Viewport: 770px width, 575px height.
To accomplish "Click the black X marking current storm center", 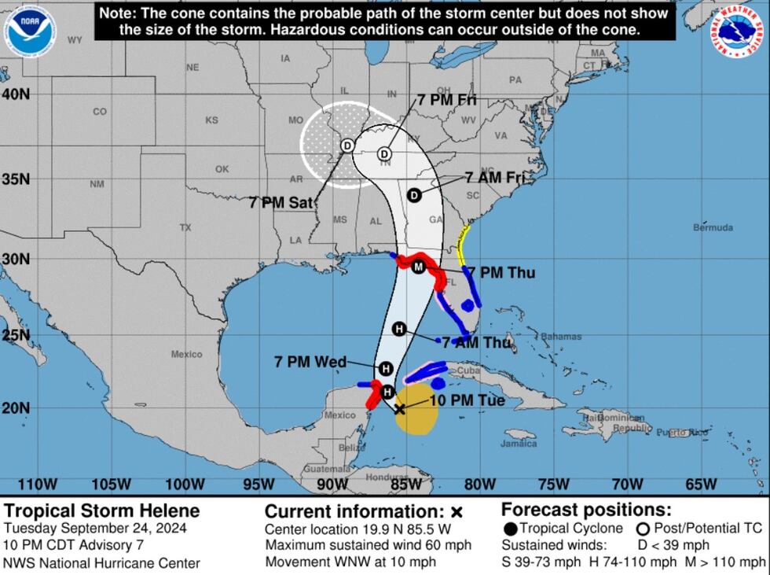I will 400,409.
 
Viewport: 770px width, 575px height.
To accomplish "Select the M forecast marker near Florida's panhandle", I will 419,267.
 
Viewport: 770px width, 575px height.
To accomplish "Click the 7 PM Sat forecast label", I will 280,202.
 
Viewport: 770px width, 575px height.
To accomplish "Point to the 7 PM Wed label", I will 310,362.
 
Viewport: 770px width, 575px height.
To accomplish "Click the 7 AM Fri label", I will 494,178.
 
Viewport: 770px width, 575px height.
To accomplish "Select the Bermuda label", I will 713,227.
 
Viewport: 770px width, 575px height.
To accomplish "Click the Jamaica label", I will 519,444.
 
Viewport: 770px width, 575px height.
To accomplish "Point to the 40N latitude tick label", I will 15,94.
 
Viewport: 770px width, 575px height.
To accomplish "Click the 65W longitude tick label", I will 701,483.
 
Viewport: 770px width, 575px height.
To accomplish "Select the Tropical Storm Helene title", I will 101,511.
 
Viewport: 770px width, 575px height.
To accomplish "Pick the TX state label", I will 185,227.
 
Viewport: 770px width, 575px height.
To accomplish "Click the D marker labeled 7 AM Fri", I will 414,195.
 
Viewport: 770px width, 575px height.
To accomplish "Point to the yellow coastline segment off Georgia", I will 463,244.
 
